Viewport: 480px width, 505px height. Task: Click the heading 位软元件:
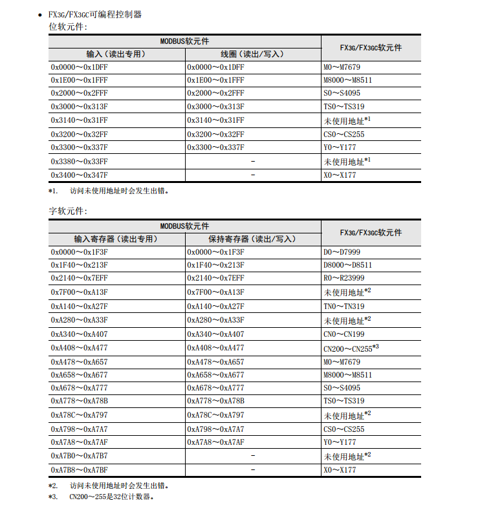click(x=68, y=27)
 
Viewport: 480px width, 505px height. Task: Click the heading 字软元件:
click(x=68, y=211)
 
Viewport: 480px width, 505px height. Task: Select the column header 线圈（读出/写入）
click(x=252, y=54)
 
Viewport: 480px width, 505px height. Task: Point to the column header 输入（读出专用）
click(x=116, y=54)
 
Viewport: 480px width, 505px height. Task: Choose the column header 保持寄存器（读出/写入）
click(x=252, y=239)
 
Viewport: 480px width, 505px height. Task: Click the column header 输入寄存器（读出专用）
click(x=116, y=239)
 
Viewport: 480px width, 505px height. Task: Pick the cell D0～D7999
click(x=342, y=252)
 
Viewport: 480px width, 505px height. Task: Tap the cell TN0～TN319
click(x=344, y=306)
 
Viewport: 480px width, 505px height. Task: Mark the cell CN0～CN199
click(x=344, y=334)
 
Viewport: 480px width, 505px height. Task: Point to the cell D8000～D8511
click(x=347, y=265)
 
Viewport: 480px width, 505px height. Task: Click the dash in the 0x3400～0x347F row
click(x=252, y=175)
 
